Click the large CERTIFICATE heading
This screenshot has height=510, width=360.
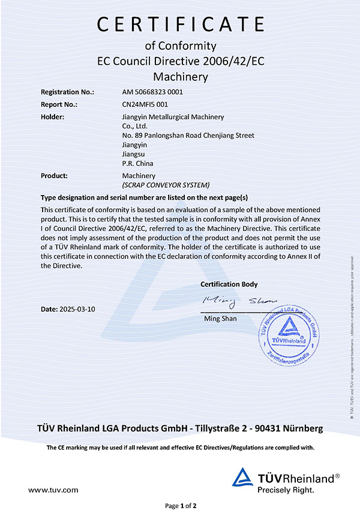tap(180, 24)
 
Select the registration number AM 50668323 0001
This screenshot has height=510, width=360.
tap(152, 92)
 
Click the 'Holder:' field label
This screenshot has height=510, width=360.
tap(53, 116)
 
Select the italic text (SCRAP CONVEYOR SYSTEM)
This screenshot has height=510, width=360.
tap(166, 185)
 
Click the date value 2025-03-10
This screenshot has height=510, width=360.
tap(77, 309)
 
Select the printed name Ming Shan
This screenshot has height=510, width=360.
tap(221, 318)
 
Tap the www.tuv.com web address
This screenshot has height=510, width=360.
tap(53, 490)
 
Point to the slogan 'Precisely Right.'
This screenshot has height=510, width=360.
tap(286, 490)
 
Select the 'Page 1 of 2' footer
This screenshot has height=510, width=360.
tap(180, 505)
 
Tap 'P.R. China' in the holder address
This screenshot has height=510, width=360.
tap(137, 163)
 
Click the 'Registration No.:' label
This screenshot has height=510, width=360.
tap(67, 92)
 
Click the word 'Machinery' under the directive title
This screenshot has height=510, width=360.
tap(180, 77)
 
